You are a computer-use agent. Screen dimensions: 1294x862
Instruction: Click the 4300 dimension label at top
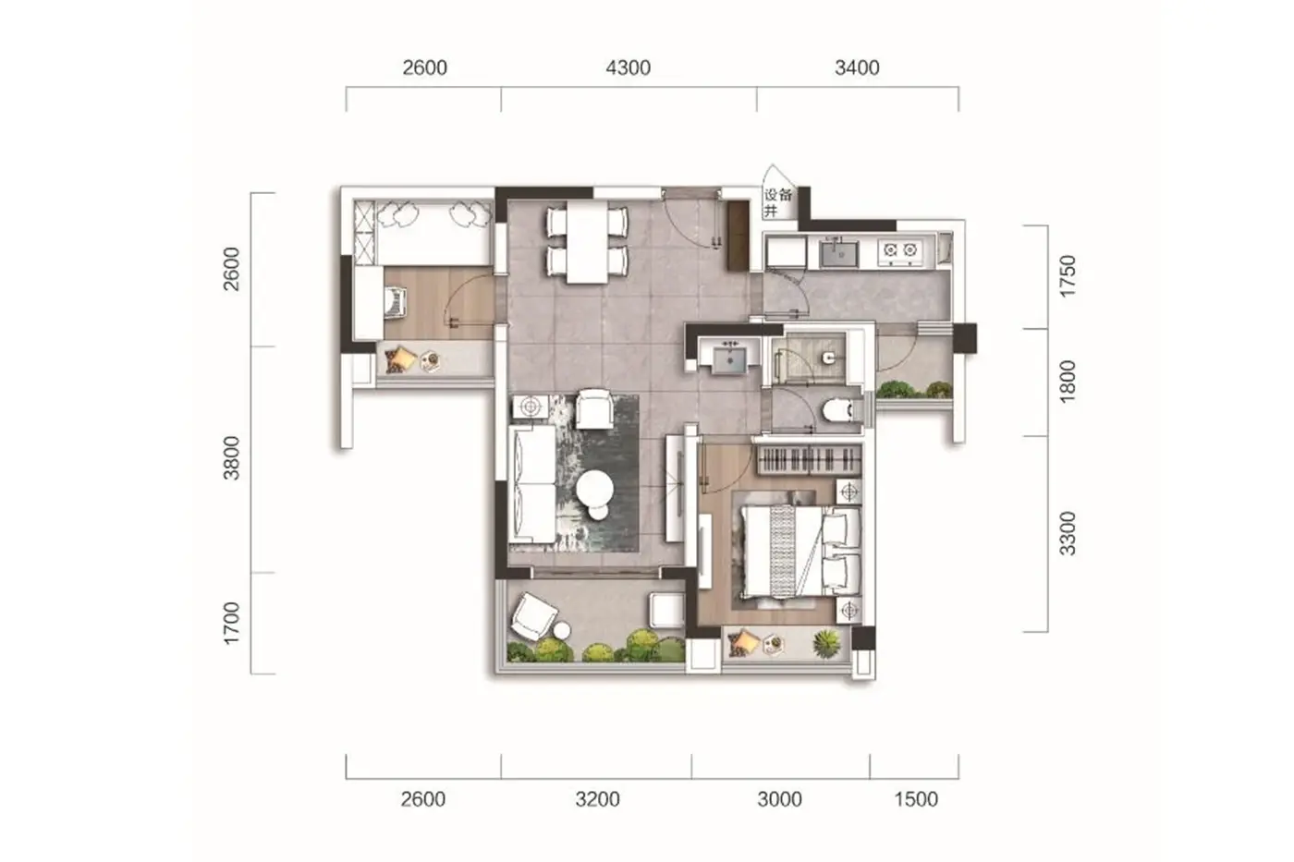point(628,68)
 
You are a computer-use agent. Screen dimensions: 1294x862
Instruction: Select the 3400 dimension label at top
point(858,68)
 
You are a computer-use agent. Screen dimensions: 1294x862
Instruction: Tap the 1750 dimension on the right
point(1068,276)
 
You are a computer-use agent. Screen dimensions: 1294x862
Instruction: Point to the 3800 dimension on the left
point(232,458)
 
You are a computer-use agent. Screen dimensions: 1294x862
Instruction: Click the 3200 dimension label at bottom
point(597,800)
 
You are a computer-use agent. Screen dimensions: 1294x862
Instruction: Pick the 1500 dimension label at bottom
point(916,800)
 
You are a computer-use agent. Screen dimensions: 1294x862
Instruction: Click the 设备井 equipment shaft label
point(777,202)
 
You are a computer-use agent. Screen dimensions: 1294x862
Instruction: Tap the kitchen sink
point(839,253)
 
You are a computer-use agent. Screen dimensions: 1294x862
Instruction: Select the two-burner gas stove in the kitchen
point(900,251)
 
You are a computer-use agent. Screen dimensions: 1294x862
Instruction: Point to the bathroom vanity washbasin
point(729,358)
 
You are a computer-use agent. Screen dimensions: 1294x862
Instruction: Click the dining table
point(588,241)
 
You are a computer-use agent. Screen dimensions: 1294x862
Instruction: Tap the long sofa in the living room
point(532,484)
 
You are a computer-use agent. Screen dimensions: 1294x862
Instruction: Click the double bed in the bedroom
point(801,551)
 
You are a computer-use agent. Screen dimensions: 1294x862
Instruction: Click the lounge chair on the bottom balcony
point(534,616)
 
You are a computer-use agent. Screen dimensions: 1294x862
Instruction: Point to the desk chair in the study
point(397,302)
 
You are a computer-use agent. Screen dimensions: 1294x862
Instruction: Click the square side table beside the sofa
point(531,407)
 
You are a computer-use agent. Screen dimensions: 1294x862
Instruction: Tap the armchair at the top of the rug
point(594,408)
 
